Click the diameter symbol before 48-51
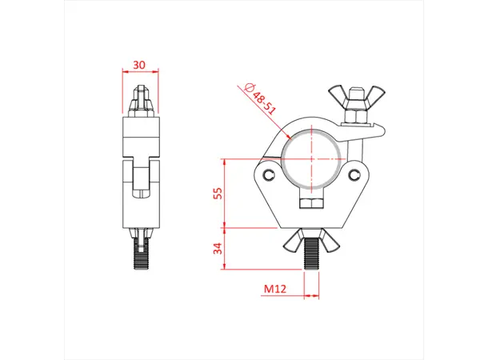pyautogui.click(x=249, y=87)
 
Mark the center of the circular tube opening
pyautogui.click(x=312, y=157)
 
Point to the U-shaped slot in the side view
pyautogui.click(x=141, y=180)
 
